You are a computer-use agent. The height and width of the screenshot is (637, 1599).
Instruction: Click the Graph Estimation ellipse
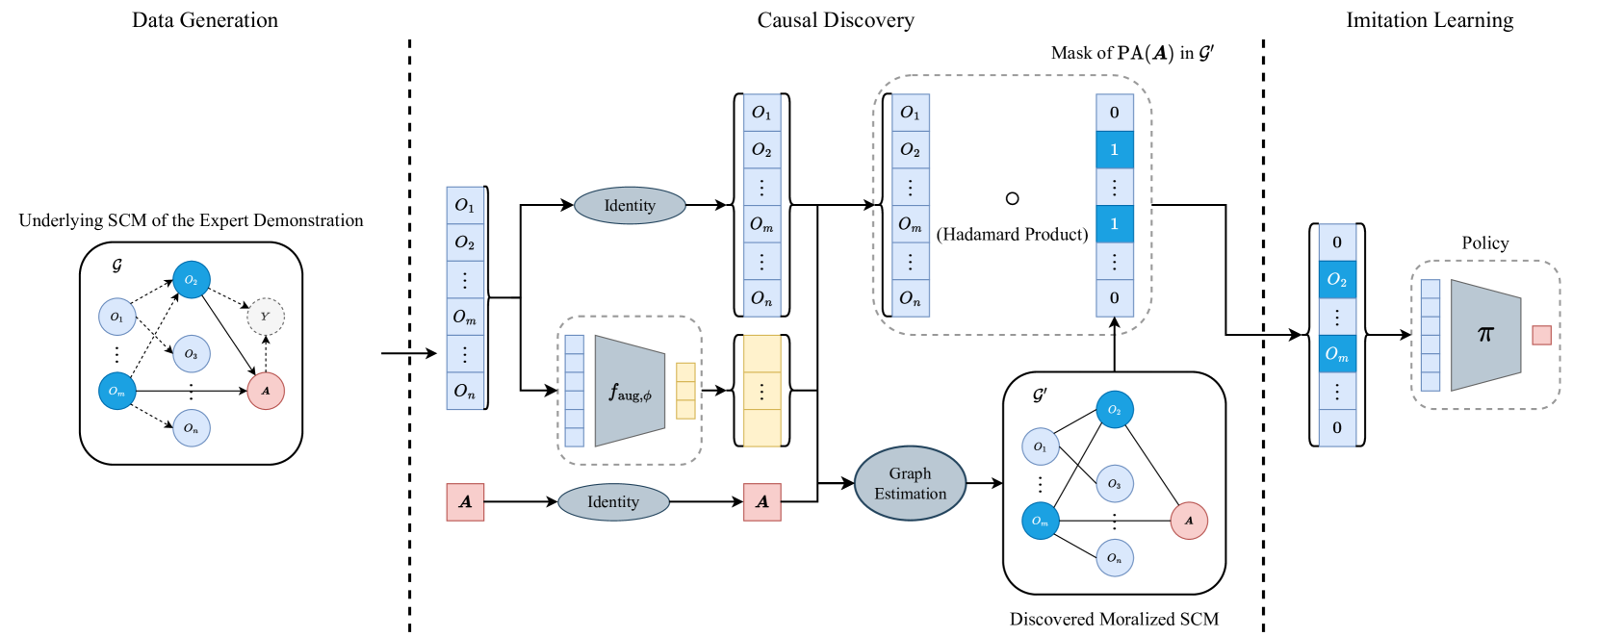pos(910,483)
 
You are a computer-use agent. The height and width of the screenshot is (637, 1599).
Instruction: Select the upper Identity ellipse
pos(630,205)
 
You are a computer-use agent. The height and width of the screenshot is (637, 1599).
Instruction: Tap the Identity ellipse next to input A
pos(613,501)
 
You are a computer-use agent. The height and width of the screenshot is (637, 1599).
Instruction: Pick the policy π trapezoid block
pos(1484,335)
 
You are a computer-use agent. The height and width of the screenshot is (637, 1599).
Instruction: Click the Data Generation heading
pos(205,20)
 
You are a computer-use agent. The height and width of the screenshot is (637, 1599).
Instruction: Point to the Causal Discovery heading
pos(836,20)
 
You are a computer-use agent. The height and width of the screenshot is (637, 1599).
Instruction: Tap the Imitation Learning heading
pos(1430,20)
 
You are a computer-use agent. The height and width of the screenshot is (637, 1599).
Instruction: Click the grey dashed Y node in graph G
pos(266,316)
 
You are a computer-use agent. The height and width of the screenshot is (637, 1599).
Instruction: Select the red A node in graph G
pos(266,391)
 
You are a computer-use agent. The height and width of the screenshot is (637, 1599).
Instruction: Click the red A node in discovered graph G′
pos(1189,521)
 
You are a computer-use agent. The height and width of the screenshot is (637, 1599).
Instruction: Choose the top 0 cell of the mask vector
pos(1115,113)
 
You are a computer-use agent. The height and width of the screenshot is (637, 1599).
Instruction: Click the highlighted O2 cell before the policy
pos(1337,279)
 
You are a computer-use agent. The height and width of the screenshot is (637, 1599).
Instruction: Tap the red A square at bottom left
pos(465,501)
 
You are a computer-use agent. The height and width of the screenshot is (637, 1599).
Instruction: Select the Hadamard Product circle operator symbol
pos(1012,198)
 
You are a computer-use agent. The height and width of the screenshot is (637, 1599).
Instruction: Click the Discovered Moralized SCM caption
pos(1114,619)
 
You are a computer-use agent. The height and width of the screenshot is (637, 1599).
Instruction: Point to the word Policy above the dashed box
pos(1484,242)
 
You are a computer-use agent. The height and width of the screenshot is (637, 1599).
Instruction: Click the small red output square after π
pos(1541,335)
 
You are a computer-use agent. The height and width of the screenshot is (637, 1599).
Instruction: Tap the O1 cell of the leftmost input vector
pos(465,206)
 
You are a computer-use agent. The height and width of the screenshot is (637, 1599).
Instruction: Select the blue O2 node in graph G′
pos(1115,410)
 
